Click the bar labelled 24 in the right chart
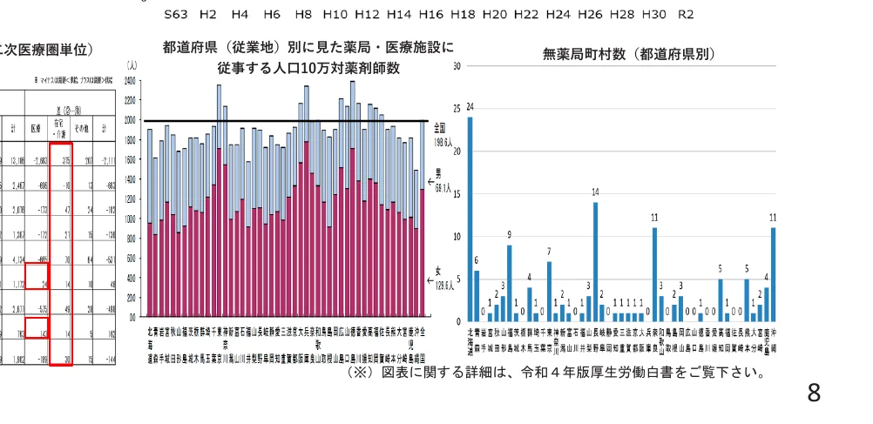click(470, 219)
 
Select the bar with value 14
click(596, 261)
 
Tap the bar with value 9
click(510, 283)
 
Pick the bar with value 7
click(549, 291)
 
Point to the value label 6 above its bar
click(477, 260)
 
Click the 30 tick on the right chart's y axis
click(457, 66)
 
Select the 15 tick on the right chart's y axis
click(457, 194)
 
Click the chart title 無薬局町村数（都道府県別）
click(628, 54)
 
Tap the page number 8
click(813, 394)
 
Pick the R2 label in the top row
click(686, 15)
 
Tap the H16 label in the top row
click(430, 15)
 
